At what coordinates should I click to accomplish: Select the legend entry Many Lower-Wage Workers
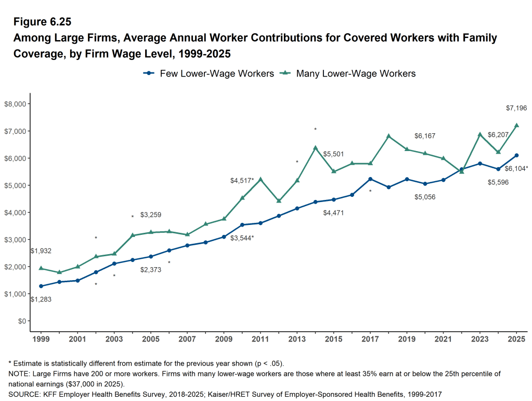pos(348,73)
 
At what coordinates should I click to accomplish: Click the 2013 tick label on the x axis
pos(297,339)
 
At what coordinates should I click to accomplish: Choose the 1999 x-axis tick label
pos(41,339)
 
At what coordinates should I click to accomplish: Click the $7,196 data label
pos(516,108)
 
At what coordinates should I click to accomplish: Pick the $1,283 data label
pos(41,299)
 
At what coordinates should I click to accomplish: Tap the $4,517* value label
pos(242,181)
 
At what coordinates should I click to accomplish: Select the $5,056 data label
pos(425,197)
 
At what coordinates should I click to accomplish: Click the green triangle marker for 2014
pos(315,148)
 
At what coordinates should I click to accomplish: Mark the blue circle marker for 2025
pos(516,155)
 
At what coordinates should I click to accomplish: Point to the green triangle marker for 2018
pos(388,136)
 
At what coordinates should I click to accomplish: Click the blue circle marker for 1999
pos(41,286)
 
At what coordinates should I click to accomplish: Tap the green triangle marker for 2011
pos(261,179)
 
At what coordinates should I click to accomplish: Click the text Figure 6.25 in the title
pos(42,22)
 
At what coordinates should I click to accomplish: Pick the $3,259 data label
pos(151,215)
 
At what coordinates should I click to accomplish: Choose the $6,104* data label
pos(516,168)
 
